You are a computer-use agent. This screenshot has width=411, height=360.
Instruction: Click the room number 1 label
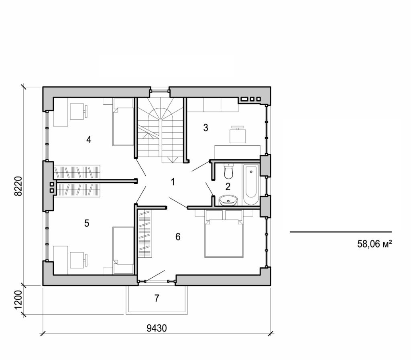pos(173,182)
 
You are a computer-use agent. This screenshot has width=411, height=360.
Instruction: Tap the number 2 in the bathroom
pos(228,186)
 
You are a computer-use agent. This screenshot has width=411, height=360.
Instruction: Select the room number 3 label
pos(205,128)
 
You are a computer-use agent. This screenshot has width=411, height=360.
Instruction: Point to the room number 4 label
pos(89,140)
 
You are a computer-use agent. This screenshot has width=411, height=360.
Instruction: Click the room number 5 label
pos(86,223)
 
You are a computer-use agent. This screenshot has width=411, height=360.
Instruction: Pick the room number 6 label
pos(178,237)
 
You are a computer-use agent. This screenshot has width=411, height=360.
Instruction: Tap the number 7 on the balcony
pos(157,298)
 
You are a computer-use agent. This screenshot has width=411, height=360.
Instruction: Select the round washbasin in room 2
pos(229,200)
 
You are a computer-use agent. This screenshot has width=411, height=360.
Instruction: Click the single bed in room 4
pos(123,122)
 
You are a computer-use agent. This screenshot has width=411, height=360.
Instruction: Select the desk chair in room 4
pos(78,111)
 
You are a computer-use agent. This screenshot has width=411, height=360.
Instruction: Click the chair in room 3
pos(238,134)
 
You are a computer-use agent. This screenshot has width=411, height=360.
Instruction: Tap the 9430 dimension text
pos(157,328)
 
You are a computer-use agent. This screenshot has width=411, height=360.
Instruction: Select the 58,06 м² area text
pos(374,244)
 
